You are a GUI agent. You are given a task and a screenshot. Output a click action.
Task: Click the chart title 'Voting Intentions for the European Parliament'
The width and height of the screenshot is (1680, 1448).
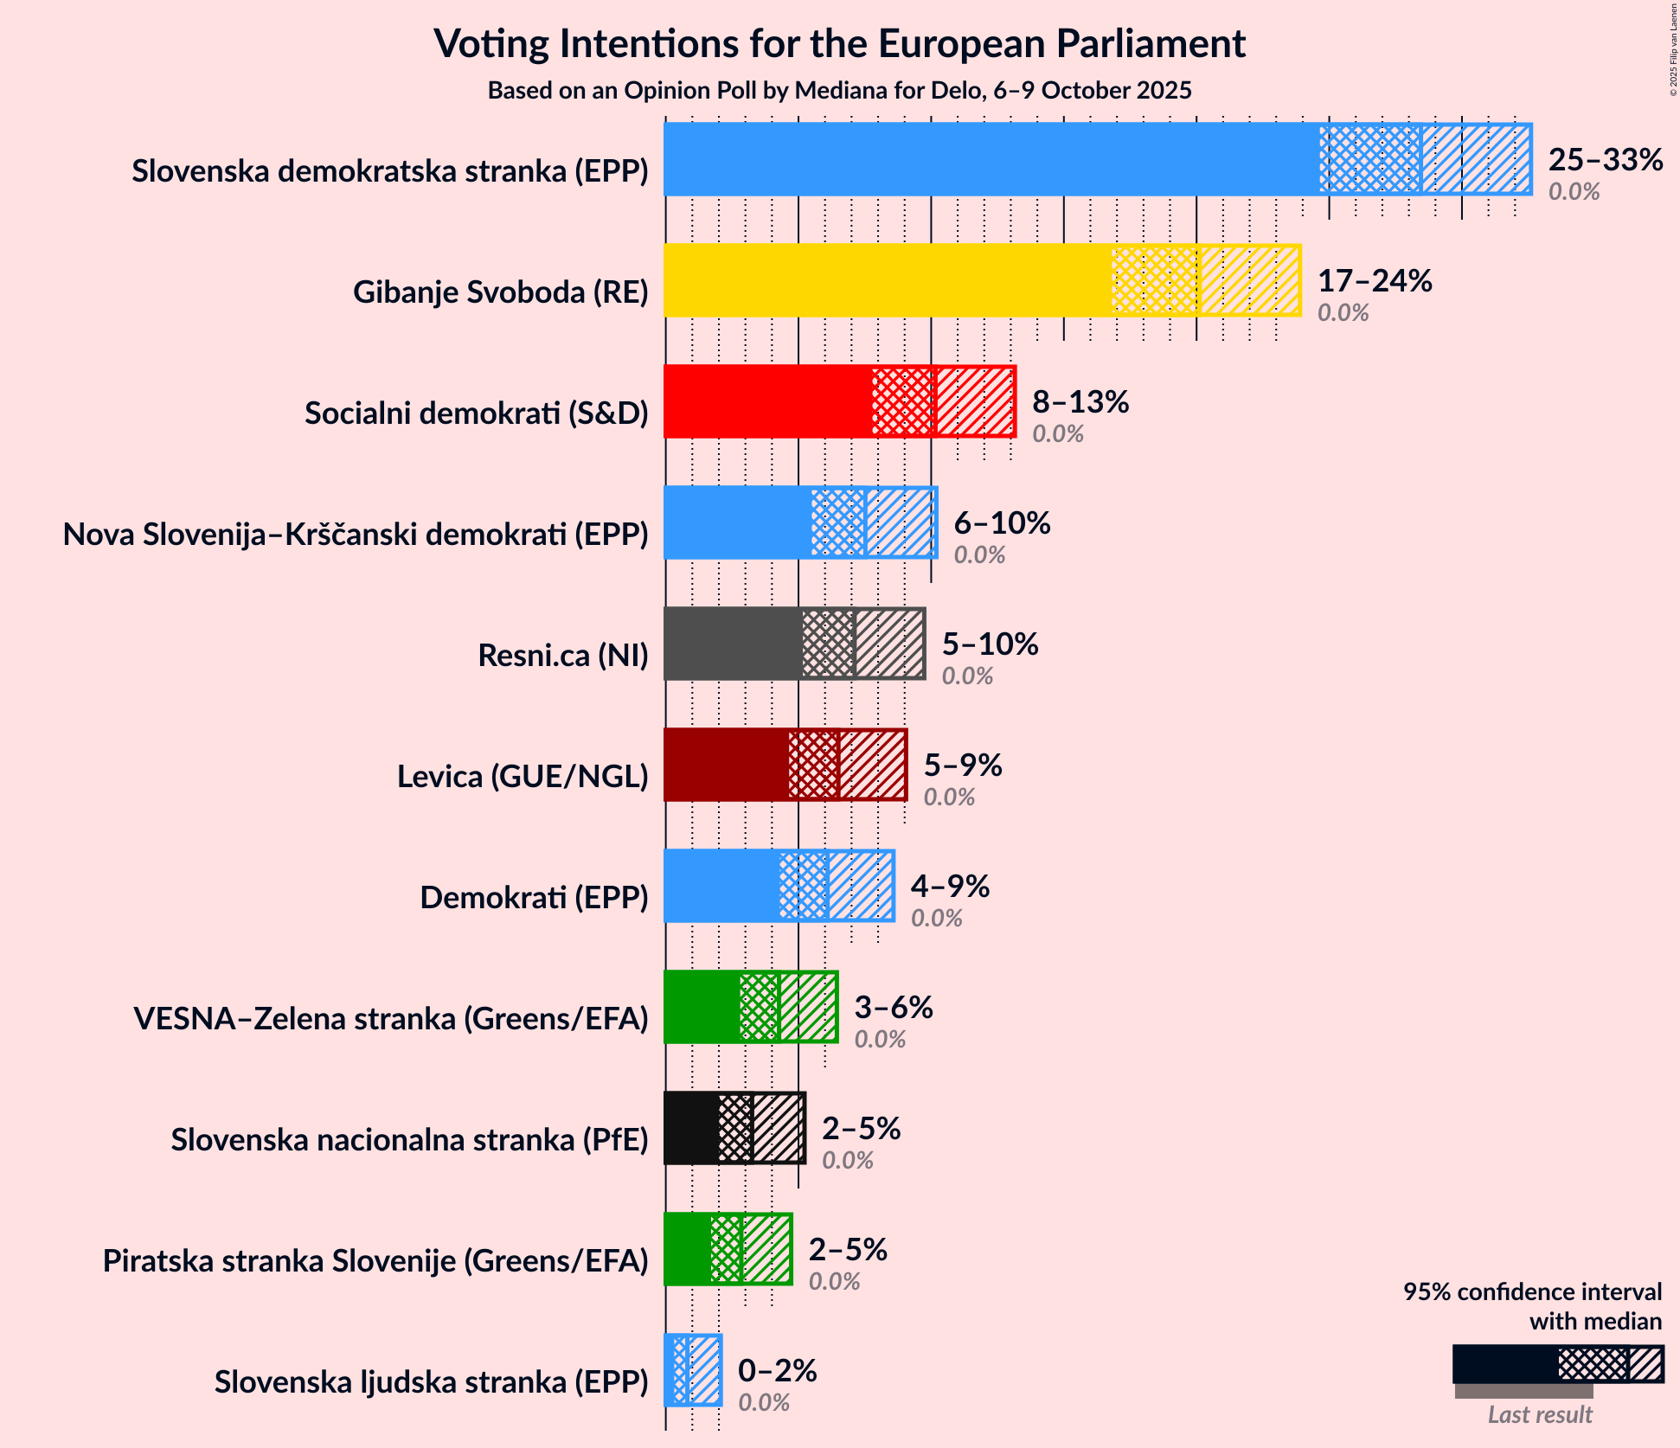(839, 43)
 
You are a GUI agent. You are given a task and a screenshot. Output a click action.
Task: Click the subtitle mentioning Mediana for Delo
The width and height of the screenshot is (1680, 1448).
(839, 91)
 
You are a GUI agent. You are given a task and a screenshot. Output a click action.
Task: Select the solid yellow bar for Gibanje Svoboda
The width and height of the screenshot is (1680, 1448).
(887, 280)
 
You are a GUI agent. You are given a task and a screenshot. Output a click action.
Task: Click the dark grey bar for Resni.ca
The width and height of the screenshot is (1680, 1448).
(732, 644)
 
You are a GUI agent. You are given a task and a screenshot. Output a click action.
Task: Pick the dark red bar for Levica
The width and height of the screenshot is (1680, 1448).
(726, 765)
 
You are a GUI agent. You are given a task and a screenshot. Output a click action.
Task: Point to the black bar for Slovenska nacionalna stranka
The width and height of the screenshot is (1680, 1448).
(690, 1128)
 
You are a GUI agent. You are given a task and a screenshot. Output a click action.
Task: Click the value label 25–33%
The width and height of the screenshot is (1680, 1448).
(1605, 160)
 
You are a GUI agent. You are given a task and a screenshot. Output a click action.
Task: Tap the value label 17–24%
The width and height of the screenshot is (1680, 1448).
(1374, 281)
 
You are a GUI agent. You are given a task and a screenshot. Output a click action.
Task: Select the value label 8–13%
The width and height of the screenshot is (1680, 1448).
(1080, 402)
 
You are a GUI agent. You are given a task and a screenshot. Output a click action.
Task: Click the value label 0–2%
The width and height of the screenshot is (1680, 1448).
(776, 1371)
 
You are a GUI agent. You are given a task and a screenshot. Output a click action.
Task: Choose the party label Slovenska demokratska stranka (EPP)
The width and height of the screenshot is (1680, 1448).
(389, 171)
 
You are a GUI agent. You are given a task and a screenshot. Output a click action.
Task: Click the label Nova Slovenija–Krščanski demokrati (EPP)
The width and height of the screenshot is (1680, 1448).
(356, 535)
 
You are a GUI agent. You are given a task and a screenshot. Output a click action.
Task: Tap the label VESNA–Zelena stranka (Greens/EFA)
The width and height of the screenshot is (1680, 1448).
(391, 1019)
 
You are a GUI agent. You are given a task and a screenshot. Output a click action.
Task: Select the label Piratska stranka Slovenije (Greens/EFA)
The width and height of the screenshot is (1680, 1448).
(375, 1261)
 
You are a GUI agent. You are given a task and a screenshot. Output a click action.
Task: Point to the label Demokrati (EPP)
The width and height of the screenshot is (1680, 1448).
(534, 898)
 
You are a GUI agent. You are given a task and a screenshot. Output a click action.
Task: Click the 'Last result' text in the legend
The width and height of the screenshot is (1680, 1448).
(1539, 1414)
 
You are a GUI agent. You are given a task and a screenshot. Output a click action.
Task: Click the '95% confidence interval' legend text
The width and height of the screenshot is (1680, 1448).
(1531, 1292)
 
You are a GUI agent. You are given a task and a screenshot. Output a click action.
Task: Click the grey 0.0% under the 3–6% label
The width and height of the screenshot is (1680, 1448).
(880, 1039)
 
